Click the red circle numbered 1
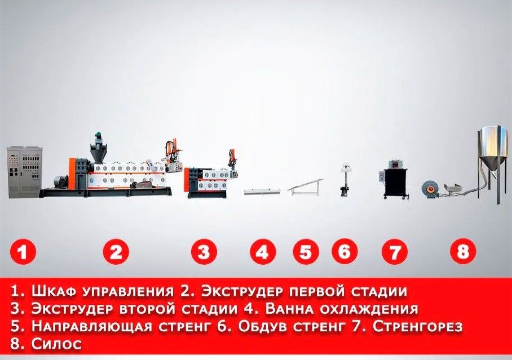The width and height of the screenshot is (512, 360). point(23,252)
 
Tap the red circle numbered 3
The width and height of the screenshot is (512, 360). point(204,252)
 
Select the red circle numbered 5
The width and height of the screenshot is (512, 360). point(306,252)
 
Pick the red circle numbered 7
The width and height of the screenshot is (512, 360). point(395,252)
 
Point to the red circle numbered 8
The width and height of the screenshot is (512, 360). point(463,252)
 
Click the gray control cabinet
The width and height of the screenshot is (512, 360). point(25,172)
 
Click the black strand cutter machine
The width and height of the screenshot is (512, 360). point(396,180)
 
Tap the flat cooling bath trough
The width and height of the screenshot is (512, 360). point(262,192)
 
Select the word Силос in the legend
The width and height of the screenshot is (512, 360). point(56,344)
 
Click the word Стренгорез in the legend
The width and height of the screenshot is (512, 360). point(418,326)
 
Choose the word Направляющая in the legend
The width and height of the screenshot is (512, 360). point(92,326)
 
